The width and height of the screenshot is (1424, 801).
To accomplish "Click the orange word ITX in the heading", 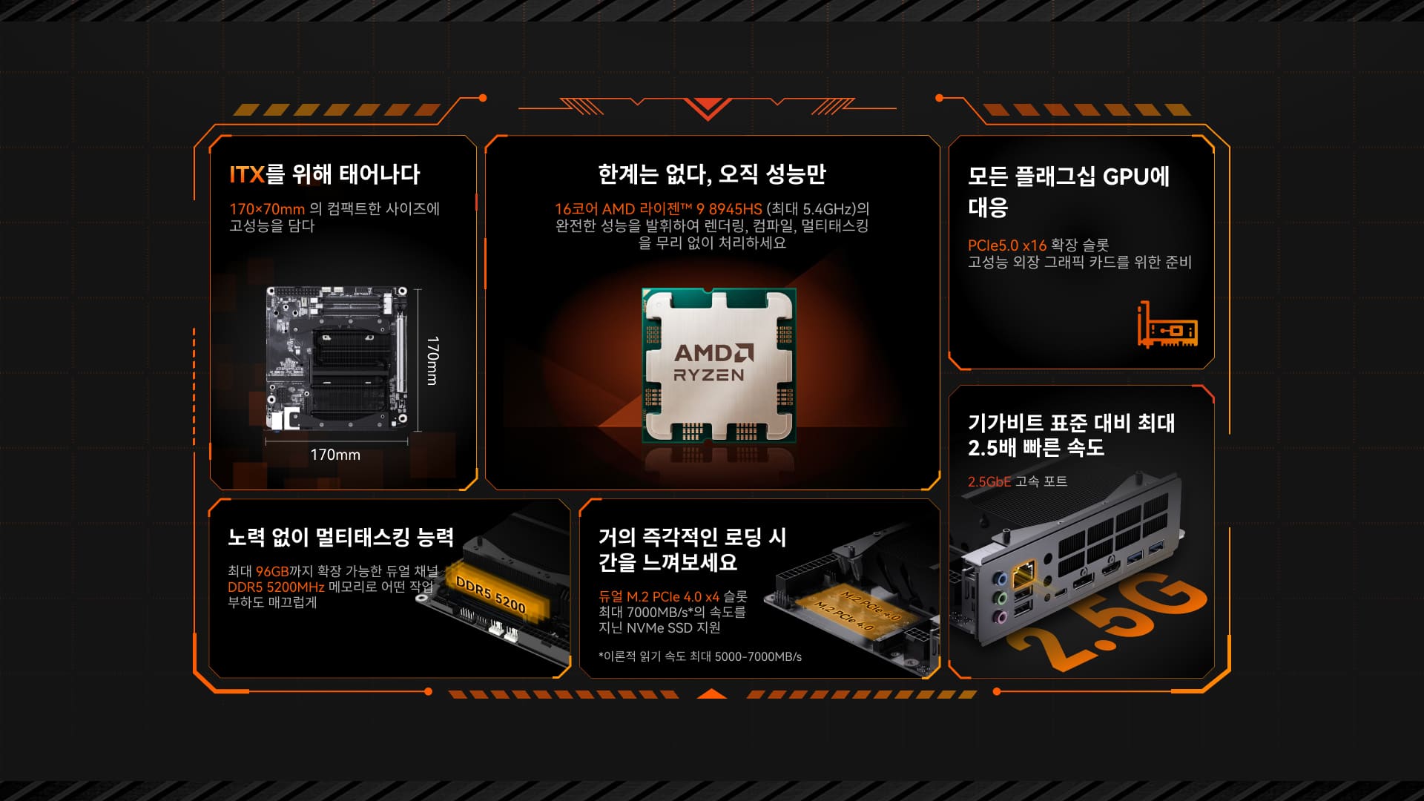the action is tap(247, 174).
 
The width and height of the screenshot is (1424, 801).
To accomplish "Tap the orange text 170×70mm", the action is tap(267, 209).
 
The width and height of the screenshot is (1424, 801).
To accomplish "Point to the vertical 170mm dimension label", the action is tap(432, 360).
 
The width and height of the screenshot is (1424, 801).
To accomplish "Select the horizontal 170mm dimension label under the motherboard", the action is tap(335, 455).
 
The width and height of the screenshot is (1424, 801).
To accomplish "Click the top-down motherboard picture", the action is tap(337, 359).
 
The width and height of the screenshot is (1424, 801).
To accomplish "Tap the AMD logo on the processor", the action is tap(714, 352).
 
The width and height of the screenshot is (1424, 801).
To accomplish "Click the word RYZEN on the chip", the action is tap(709, 375).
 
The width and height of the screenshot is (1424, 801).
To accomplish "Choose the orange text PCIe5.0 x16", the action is tap(1007, 245).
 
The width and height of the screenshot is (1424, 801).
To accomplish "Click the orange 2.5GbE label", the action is tap(989, 481).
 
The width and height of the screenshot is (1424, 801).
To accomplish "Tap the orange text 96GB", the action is tap(272, 571).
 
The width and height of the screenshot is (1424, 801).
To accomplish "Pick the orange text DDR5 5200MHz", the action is tap(276, 587).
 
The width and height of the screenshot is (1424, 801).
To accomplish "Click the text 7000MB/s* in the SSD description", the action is tap(658, 612).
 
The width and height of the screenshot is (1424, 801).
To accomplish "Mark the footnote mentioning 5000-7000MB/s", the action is tap(700, 656).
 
